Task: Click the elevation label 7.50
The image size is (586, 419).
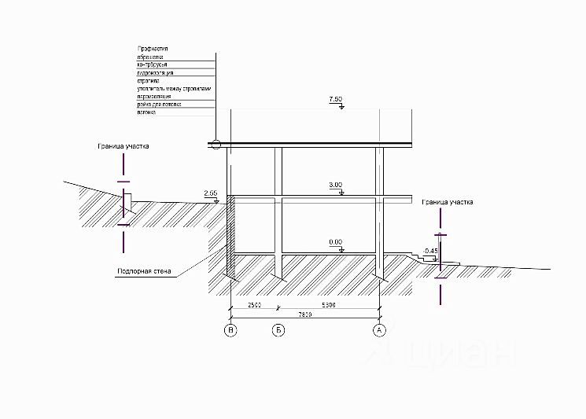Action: [x=336, y=100]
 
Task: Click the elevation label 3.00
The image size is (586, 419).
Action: [x=336, y=185]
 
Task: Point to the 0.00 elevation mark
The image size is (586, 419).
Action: [x=336, y=242]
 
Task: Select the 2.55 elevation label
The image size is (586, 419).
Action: [x=210, y=193]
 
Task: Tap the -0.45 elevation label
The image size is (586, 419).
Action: [x=429, y=251]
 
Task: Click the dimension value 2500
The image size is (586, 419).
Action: [x=253, y=304]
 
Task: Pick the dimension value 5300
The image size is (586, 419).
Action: [x=328, y=304]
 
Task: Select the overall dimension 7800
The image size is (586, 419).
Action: [x=304, y=314]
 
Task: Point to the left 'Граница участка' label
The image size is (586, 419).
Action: [x=123, y=146]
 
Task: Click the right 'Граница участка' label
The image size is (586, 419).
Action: [x=447, y=202]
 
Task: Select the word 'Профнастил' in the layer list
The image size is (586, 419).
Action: [x=153, y=49]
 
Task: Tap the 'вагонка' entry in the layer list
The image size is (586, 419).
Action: [x=146, y=112]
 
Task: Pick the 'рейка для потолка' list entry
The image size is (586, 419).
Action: [x=159, y=105]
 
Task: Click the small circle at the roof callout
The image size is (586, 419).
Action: [x=215, y=144]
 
